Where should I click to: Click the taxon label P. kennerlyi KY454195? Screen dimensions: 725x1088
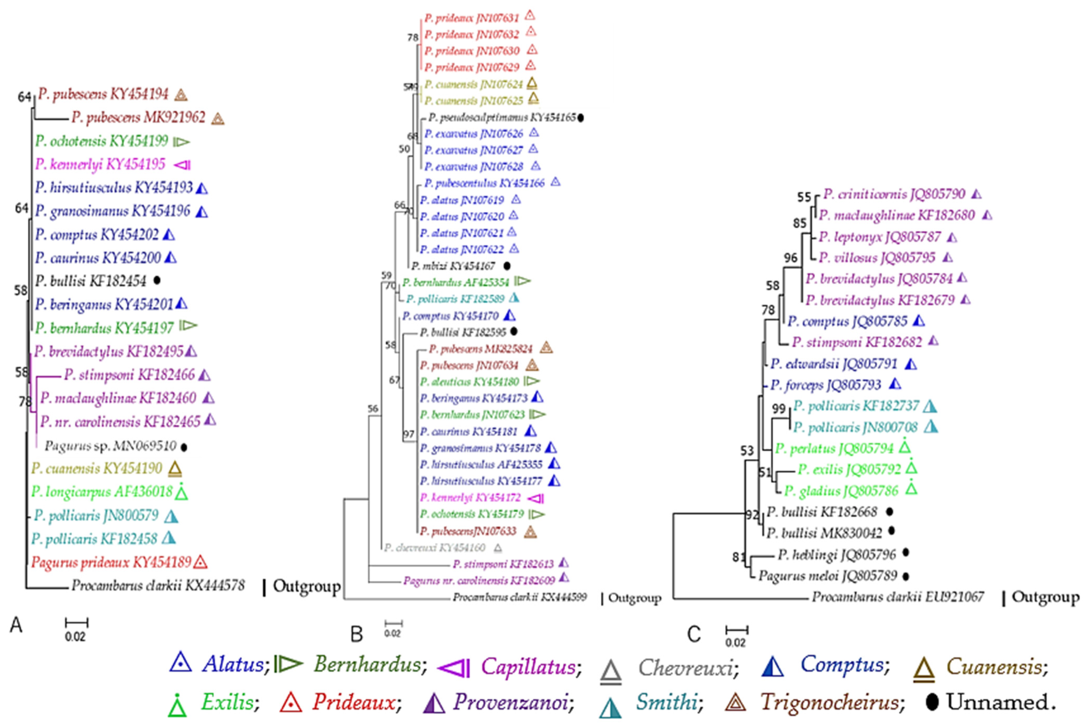[100, 164]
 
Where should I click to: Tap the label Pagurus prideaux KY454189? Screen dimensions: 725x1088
[111, 562]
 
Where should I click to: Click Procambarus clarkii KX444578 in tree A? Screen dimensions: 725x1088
[158, 586]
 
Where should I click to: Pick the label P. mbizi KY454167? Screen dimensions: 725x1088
[453, 266]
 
